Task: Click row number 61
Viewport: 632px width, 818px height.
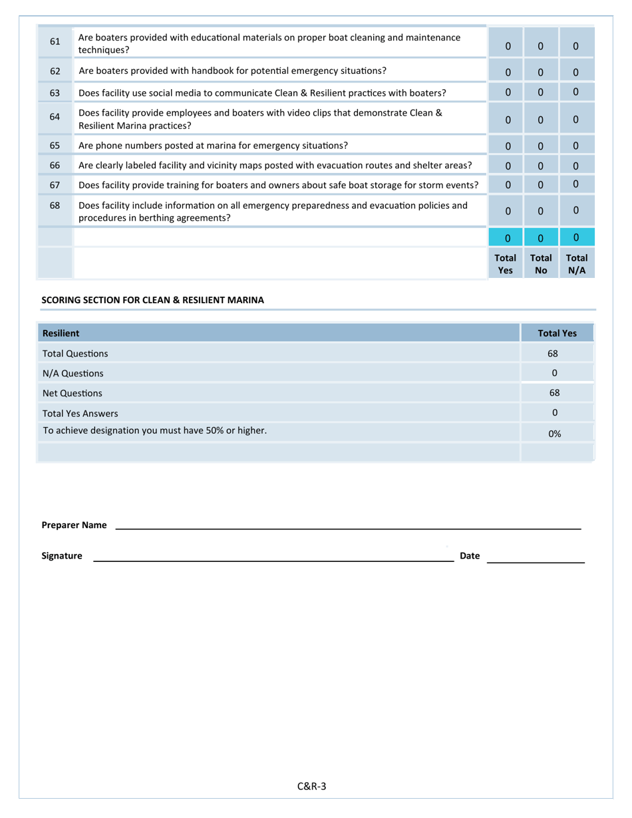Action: [x=55, y=43]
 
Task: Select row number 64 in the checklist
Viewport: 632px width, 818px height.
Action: [x=55, y=117]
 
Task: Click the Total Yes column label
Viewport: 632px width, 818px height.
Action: [x=506, y=264]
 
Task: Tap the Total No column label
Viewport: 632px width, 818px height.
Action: [x=540, y=264]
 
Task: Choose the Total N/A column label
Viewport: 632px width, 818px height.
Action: [x=576, y=264]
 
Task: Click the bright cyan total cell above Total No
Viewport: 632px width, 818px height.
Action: [x=540, y=237]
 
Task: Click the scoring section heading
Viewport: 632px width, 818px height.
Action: [x=152, y=300]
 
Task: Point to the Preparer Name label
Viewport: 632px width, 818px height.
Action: [x=74, y=525]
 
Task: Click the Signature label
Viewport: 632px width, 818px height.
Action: [x=62, y=556]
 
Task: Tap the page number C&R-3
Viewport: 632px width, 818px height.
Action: [x=311, y=787]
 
